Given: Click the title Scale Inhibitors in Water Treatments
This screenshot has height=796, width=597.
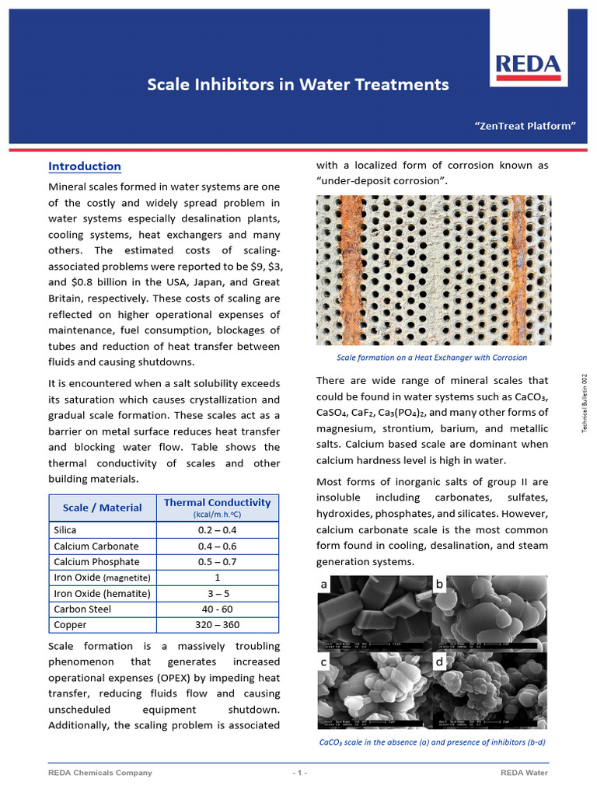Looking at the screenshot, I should coord(298,84).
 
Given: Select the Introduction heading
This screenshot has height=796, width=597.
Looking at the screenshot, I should coord(85,166).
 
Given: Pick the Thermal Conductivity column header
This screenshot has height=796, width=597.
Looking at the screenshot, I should coord(217,508).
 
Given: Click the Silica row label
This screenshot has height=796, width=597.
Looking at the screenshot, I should coord(65,529).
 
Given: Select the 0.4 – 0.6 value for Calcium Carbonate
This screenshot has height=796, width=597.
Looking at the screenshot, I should coord(217,546).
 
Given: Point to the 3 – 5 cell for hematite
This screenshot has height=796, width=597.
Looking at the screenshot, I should coord(217,593).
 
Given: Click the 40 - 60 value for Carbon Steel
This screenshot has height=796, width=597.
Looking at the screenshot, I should coord(217,609).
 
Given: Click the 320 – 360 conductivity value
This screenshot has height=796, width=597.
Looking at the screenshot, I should coord(217,624).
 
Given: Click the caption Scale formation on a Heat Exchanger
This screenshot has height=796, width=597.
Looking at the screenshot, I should coord(431,358).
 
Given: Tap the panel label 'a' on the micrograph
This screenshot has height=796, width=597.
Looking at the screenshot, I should coord(324,584).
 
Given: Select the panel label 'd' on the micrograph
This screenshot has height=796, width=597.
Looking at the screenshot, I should coord(439,662).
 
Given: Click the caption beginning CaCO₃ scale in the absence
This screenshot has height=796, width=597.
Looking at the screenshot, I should coord(431,742).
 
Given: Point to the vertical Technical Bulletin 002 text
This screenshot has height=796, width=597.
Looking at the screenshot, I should coord(585,404).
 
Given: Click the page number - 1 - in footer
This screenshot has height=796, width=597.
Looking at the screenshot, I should coord(299,773).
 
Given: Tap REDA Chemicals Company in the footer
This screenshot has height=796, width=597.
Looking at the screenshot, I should coord(100,773).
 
